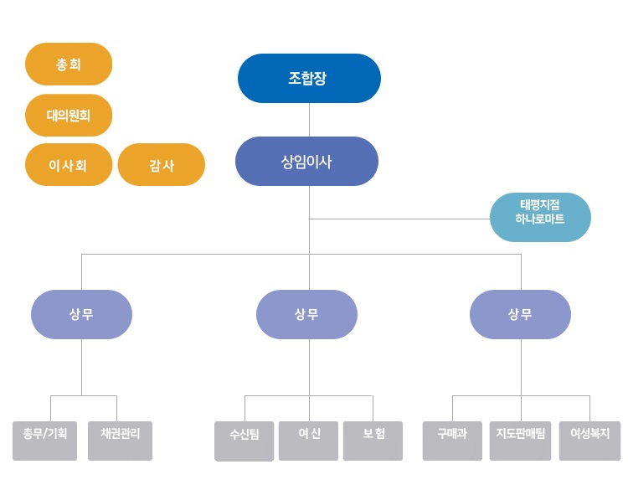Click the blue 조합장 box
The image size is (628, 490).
[309, 79]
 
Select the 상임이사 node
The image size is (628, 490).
[306, 161]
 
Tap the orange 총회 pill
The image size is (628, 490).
[69, 64]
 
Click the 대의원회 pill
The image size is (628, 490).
[69, 115]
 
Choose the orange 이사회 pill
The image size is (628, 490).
[69, 165]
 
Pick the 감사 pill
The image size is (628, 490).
[162, 165]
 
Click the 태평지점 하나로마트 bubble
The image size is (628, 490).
[540, 217]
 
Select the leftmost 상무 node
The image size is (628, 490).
[81, 314]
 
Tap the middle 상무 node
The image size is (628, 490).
[306, 314]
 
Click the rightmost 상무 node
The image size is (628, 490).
[520, 314]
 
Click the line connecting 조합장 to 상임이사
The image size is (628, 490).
[309, 120]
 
